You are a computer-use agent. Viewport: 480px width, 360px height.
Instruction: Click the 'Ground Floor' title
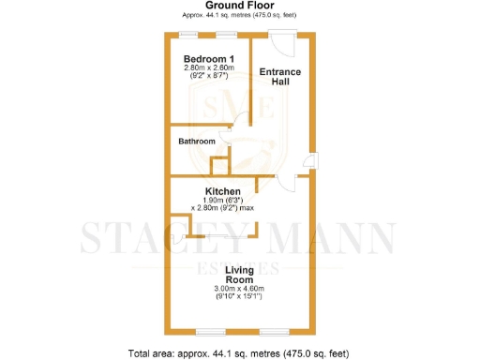[x=239, y=6]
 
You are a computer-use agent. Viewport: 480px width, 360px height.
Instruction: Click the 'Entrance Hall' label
[x=278, y=77]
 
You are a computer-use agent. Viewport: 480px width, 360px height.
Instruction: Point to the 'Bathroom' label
[x=198, y=142]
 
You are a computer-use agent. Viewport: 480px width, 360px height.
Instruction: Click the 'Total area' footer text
[x=239, y=353]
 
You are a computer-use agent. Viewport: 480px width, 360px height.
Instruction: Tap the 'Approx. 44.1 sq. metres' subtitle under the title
[x=239, y=16]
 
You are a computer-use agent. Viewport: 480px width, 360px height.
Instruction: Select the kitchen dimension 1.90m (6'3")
[x=225, y=200]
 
